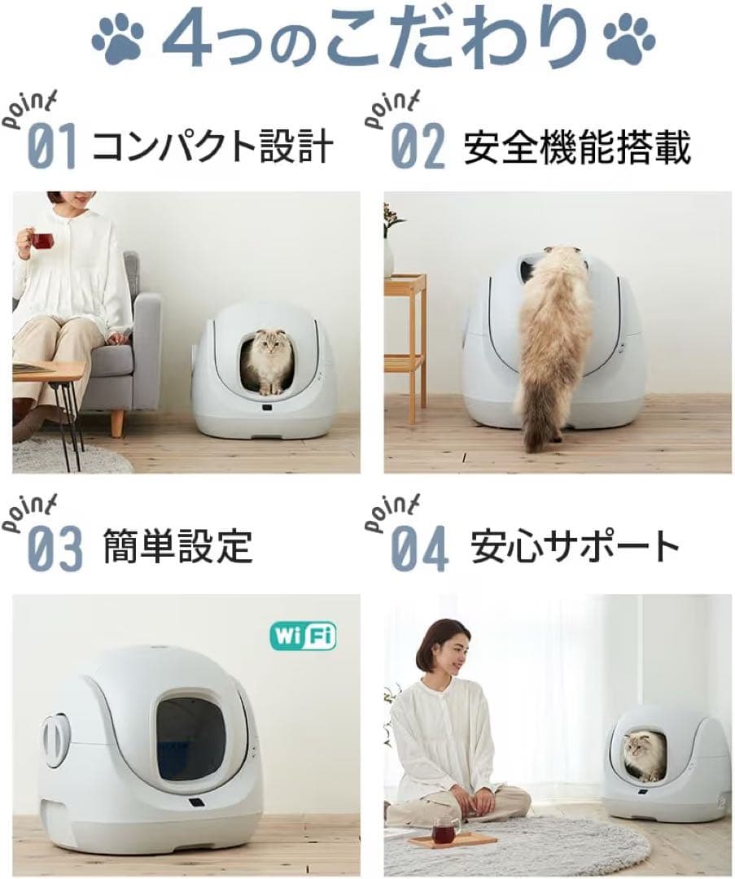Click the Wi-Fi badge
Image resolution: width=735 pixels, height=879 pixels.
pyautogui.click(x=302, y=636)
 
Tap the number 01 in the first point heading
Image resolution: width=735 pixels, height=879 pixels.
pyautogui.click(x=53, y=146)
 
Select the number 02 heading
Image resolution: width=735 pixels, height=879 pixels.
pyautogui.click(x=418, y=146)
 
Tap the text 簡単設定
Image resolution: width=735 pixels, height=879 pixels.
pyautogui.click(x=177, y=546)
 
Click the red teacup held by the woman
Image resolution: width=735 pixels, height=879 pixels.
pyautogui.click(x=42, y=240)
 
